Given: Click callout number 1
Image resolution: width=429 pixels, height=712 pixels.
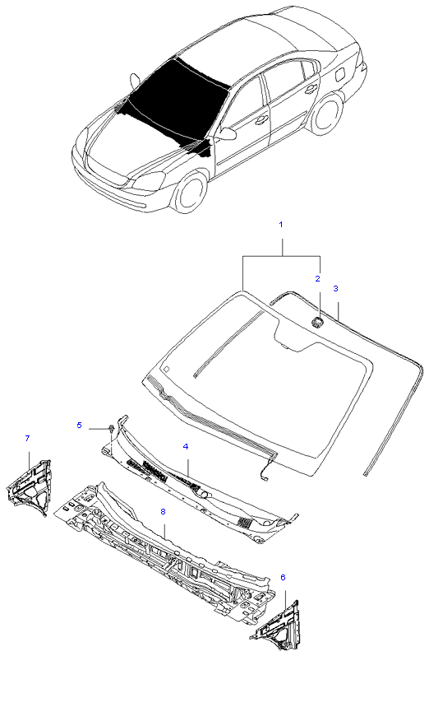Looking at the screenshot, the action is point(281,225).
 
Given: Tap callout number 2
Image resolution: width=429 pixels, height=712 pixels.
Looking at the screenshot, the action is point(317,279).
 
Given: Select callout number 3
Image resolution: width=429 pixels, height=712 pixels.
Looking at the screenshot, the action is point(335,288).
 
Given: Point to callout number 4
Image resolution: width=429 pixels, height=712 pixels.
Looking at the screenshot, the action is point(186,447).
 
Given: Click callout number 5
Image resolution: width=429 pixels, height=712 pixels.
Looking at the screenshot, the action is point(80,426).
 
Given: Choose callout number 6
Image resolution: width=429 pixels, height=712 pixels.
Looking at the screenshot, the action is point(283,578).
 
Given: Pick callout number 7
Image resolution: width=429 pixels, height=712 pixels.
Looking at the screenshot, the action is point(27,438).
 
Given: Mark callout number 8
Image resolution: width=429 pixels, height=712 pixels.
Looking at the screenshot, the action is point(164,512).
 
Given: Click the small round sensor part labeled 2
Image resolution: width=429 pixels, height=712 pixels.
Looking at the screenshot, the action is point(316,323).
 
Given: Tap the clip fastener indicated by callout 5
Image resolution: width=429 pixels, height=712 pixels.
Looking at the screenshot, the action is point(110,428).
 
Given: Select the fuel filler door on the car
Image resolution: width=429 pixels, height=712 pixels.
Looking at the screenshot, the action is point(339,74).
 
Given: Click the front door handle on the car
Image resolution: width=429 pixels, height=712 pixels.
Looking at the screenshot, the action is point(261,121).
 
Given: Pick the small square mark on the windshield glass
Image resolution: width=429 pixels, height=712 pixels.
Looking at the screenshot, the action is point(167,369).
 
